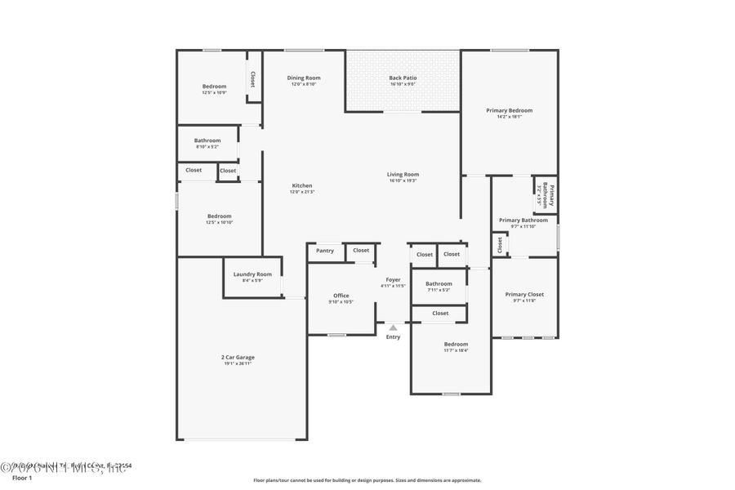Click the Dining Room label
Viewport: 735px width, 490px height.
303,78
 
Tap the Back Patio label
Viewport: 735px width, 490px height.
403,78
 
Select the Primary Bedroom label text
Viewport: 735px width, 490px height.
509,110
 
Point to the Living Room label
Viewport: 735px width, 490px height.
403,174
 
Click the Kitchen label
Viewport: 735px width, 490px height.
302,185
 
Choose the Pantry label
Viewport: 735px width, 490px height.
325,251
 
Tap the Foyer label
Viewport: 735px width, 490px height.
393,279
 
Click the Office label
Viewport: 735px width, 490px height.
341,296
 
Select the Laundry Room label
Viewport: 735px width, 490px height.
252,274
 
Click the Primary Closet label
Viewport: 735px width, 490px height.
523,294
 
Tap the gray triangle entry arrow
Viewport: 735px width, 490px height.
393,327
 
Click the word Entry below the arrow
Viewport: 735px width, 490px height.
393,337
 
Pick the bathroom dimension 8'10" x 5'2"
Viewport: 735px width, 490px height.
207,147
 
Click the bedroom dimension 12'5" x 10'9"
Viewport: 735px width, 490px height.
214,92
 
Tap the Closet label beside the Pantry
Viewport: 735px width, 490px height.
361,251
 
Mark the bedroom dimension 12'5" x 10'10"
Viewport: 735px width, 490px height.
219,222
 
